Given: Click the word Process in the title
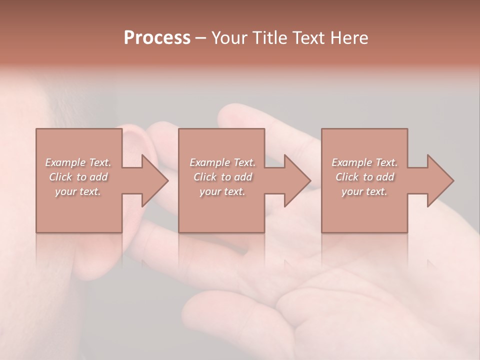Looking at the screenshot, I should (x=157, y=38).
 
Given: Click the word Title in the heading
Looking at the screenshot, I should (x=270, y=38).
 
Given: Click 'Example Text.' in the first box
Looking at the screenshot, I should (x=78, y=162).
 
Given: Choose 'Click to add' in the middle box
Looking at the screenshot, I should (x=222, y=177).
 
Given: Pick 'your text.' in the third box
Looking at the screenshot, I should (x=364, y=191).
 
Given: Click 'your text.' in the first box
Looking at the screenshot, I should (x=78, y=191).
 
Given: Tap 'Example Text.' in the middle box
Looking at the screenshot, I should (x=222, y=162).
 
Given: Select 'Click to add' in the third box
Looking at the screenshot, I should (x=364, y=177).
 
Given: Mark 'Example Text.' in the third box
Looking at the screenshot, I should (x=364, y=162).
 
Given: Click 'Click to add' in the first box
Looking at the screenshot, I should (x=78, y=177).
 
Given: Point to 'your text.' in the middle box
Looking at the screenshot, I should (x=222, y=191).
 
